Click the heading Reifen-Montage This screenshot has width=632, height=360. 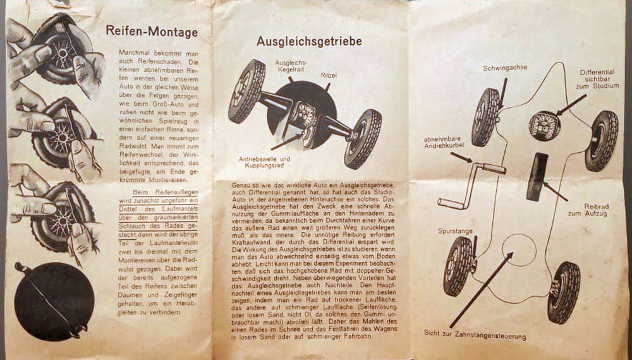pyautogui.click(x=152, y=32)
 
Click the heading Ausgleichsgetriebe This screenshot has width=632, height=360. pyautogui.click(x=309, y=41)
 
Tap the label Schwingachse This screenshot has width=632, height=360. pyautogui.click(x=505, y=68)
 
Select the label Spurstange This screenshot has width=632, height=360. pyautogui.click(x=455, y=231)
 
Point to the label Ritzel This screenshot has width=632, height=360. pyautogui.click(x=329, y=75)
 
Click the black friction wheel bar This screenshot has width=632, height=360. pyautogui.click(x=535, y=176)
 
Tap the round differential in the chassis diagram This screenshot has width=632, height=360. pyautogui.click(x=545, y=125)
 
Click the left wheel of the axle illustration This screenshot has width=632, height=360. pyautogui.click(x=246, y=90)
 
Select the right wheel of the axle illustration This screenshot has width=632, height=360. pyautogui.click(x=363, y=138)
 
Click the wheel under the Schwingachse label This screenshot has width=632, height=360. pyautogui.click(x=485, y=117)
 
